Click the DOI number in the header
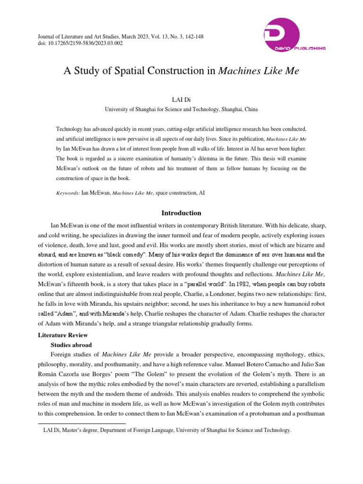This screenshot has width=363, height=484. (x=92, y=43)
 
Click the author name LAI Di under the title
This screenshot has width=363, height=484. (x=181, y=100)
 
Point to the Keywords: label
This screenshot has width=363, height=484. (x=68, y=193)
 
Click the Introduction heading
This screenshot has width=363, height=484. (x=181, y=213)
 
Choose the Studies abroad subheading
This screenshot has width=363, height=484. (x=71, y=345)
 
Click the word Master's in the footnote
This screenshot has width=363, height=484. (x=83, y=431)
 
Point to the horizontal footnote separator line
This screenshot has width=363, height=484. (x=82, y=423)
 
